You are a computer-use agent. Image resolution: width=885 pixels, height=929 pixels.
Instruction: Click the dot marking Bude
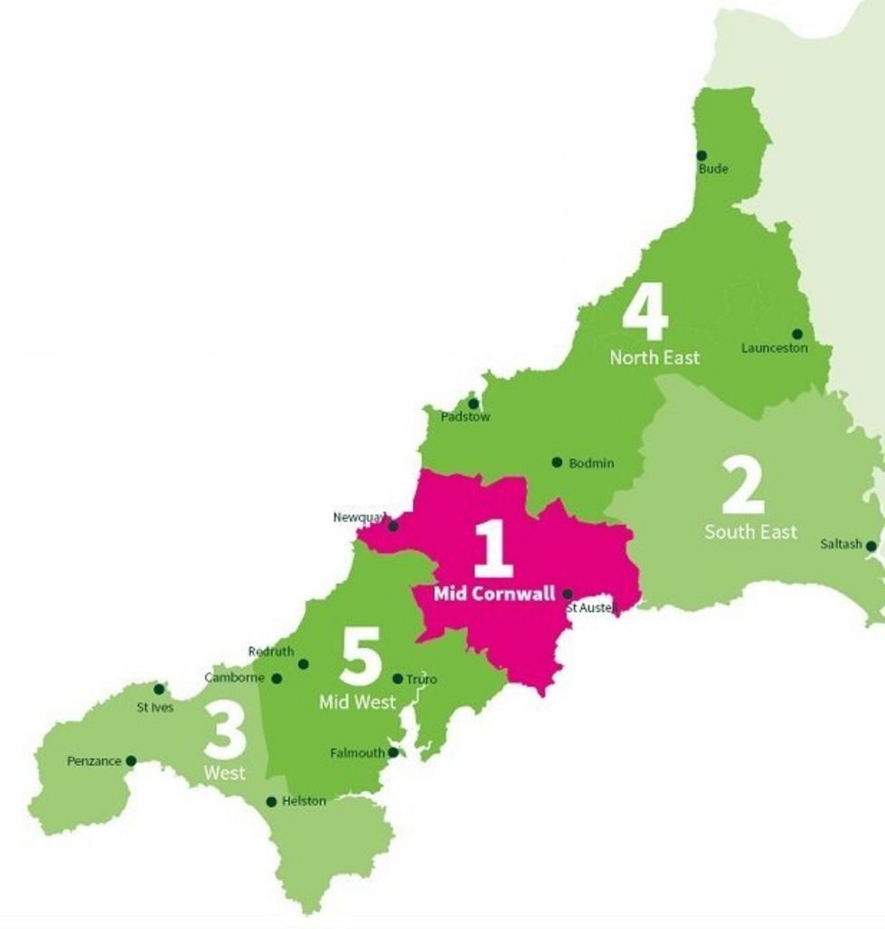click(x=701, y=156)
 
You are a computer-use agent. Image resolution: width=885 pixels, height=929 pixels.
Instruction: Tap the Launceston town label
click(x=773, y=348)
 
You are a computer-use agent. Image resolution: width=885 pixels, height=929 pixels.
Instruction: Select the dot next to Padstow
click(x=472, y=403)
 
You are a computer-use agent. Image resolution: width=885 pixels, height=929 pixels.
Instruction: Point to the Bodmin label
click(x=591, y=463)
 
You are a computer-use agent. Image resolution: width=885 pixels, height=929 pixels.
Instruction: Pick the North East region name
click(x=654, y=358)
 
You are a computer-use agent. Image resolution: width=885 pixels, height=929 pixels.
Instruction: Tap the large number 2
click(x=743, y=486)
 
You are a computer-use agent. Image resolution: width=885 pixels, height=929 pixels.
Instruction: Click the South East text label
click(x=751, y=532)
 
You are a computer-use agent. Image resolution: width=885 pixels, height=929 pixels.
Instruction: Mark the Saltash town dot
click(x=870, y=546)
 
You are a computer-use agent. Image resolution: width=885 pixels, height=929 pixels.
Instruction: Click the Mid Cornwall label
click(x=494, y=595)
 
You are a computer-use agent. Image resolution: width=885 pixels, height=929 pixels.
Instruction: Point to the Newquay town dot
click(x=393, y=526)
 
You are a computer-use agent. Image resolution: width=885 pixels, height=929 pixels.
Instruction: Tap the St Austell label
click(x=591, y=607)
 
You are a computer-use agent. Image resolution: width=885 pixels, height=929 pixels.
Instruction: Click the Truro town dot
click(x=397, y=679)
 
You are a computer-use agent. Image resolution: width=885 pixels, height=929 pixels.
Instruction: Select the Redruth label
click(x=270, y=652)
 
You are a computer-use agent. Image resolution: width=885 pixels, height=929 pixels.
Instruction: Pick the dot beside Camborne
click(x=277, y=678)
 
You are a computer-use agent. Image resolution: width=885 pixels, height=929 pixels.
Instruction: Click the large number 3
click(x=224, y=732)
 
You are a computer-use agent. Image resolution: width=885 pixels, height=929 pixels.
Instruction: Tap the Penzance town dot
click(x=131, y=761)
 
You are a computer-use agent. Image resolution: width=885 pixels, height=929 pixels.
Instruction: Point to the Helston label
click(x=304, y=801)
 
